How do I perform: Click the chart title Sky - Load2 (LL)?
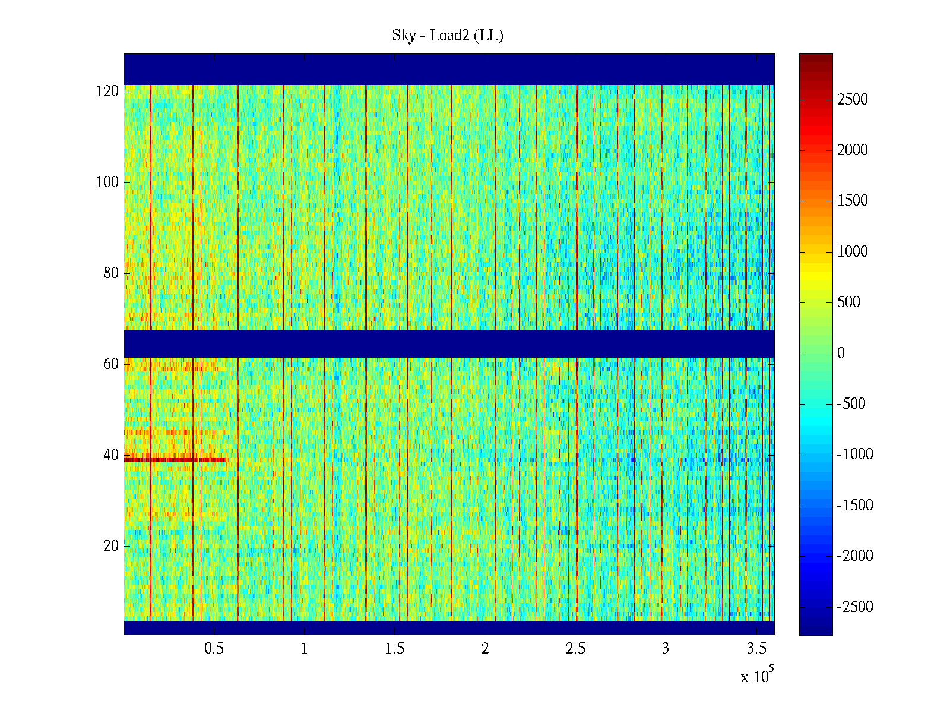[448, 36]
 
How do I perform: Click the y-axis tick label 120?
[107, 92]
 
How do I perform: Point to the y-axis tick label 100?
[107, 182]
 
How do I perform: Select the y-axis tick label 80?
[111, 273]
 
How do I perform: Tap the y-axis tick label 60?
[111, 364]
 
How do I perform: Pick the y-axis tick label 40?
[111, 455]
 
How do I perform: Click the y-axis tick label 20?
[111, 546]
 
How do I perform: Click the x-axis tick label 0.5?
[214, 649]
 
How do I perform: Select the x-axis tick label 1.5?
[395, 649]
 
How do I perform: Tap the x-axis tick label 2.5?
[575, 649]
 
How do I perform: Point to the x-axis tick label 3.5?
[756, 649]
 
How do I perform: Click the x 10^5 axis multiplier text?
[757, 676]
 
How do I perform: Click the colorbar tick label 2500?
[853, 100]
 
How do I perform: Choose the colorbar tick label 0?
[841, 354]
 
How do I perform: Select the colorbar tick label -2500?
[855, 607]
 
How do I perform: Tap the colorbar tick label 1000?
[853, 252]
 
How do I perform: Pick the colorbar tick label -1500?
[855, 506]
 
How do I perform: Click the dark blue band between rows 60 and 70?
[449, 344]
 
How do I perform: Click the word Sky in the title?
[404, 36]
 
